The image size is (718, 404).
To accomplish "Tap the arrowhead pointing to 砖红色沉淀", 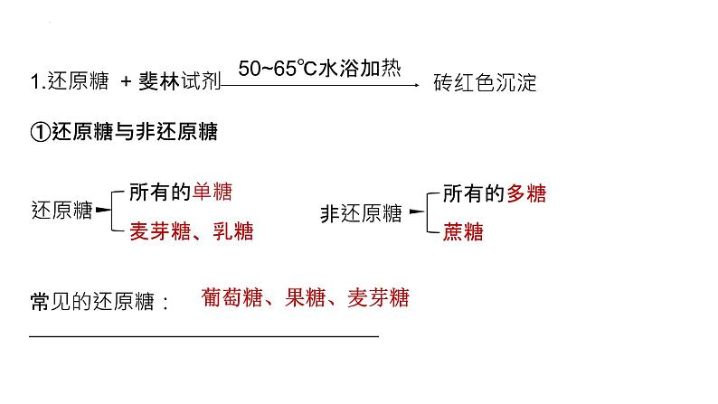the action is [416, 86].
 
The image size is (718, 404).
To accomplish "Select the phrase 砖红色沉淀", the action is [485, 84].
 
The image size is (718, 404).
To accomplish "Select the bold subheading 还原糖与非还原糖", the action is [135, 132].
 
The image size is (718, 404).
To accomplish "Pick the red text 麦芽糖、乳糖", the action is [191, 231].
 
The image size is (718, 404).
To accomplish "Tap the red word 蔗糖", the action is [463, 232].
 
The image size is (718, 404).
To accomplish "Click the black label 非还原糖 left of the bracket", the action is [361, 213].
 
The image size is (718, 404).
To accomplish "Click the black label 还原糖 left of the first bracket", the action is [61, 212].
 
